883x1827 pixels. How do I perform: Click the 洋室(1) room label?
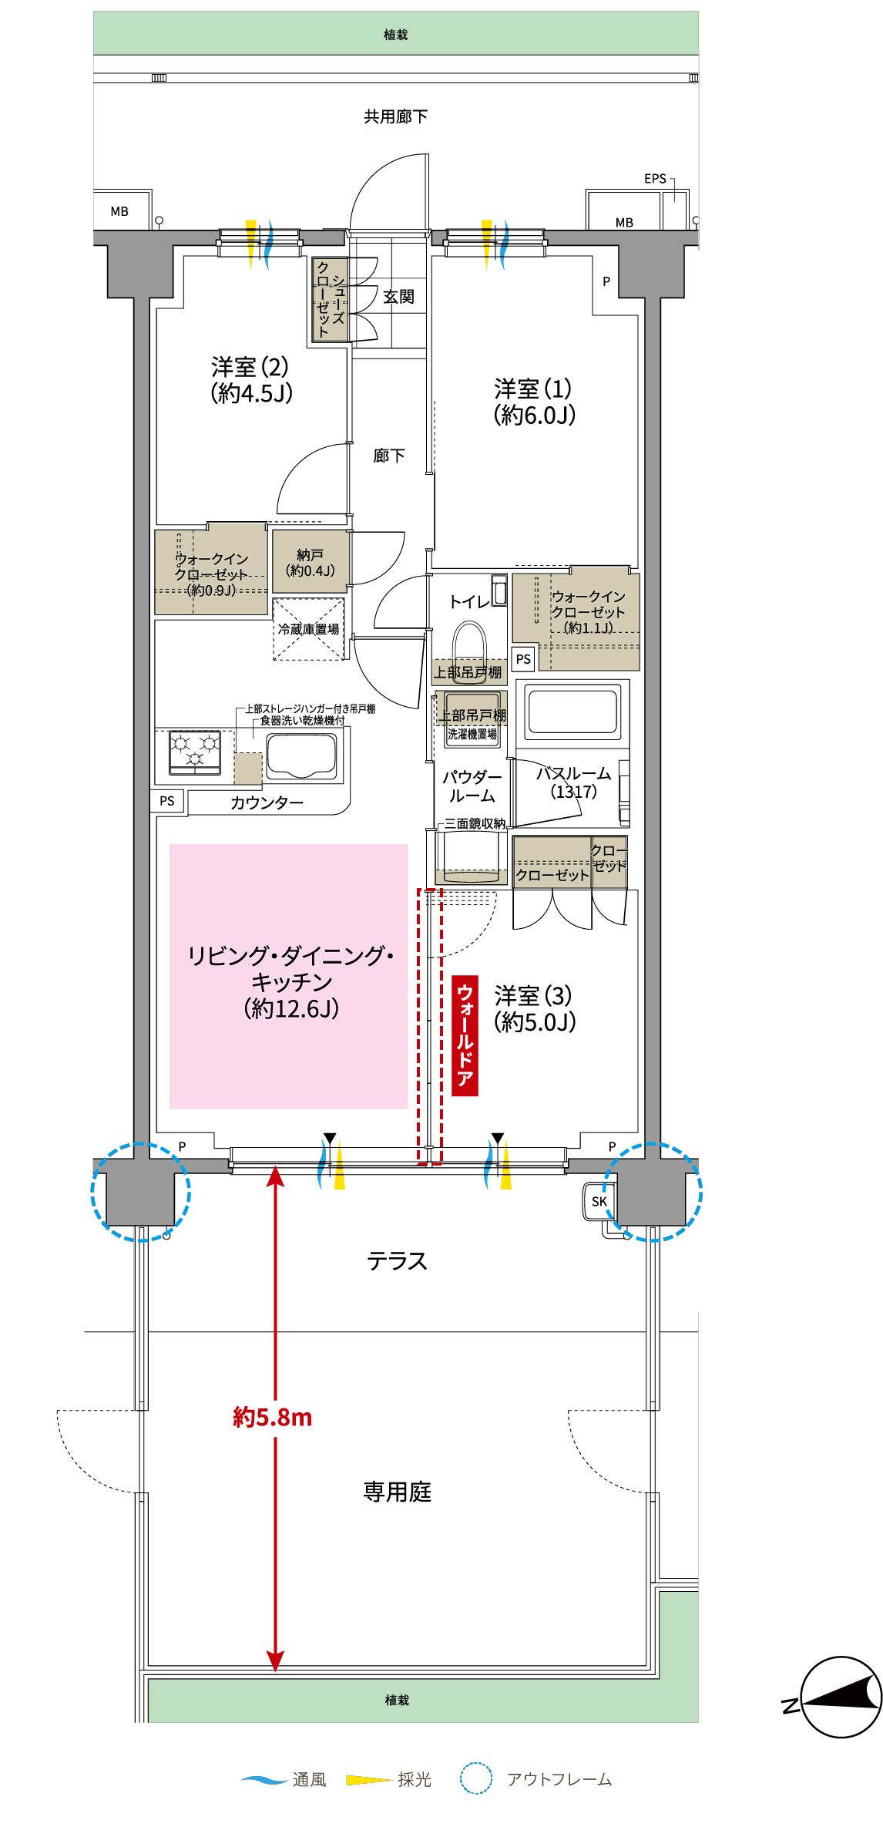(x=534, y=402)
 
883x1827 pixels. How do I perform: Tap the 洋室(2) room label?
(x=251, y=380)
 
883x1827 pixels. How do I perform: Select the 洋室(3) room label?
(x=534, y=1008)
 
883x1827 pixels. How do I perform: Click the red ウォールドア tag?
(x=465, y=1035)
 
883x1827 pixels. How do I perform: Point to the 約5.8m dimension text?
(x=273, y=1417)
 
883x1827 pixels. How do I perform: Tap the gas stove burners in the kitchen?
(x=195, y=752)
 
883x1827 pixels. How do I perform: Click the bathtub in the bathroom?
(x=572, y=711)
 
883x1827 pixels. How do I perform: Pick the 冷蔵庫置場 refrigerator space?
(x=308, y=629)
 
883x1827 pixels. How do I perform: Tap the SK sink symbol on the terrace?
(x=599, y=1202)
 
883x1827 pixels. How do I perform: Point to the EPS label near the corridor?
(x=655, y=179)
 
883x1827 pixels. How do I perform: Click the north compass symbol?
(x=840, y=1697)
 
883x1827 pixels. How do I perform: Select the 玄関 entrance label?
(x=398, y=297)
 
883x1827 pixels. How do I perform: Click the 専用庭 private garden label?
(x=397, y=1492)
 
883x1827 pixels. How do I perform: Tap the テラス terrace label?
(x=397, y=1261)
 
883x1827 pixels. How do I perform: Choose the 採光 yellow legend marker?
(x=368, y=1780)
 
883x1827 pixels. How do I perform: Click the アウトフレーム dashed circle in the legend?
(x=476, y=1778)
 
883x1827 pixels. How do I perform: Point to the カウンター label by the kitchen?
(x=267, y=802)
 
